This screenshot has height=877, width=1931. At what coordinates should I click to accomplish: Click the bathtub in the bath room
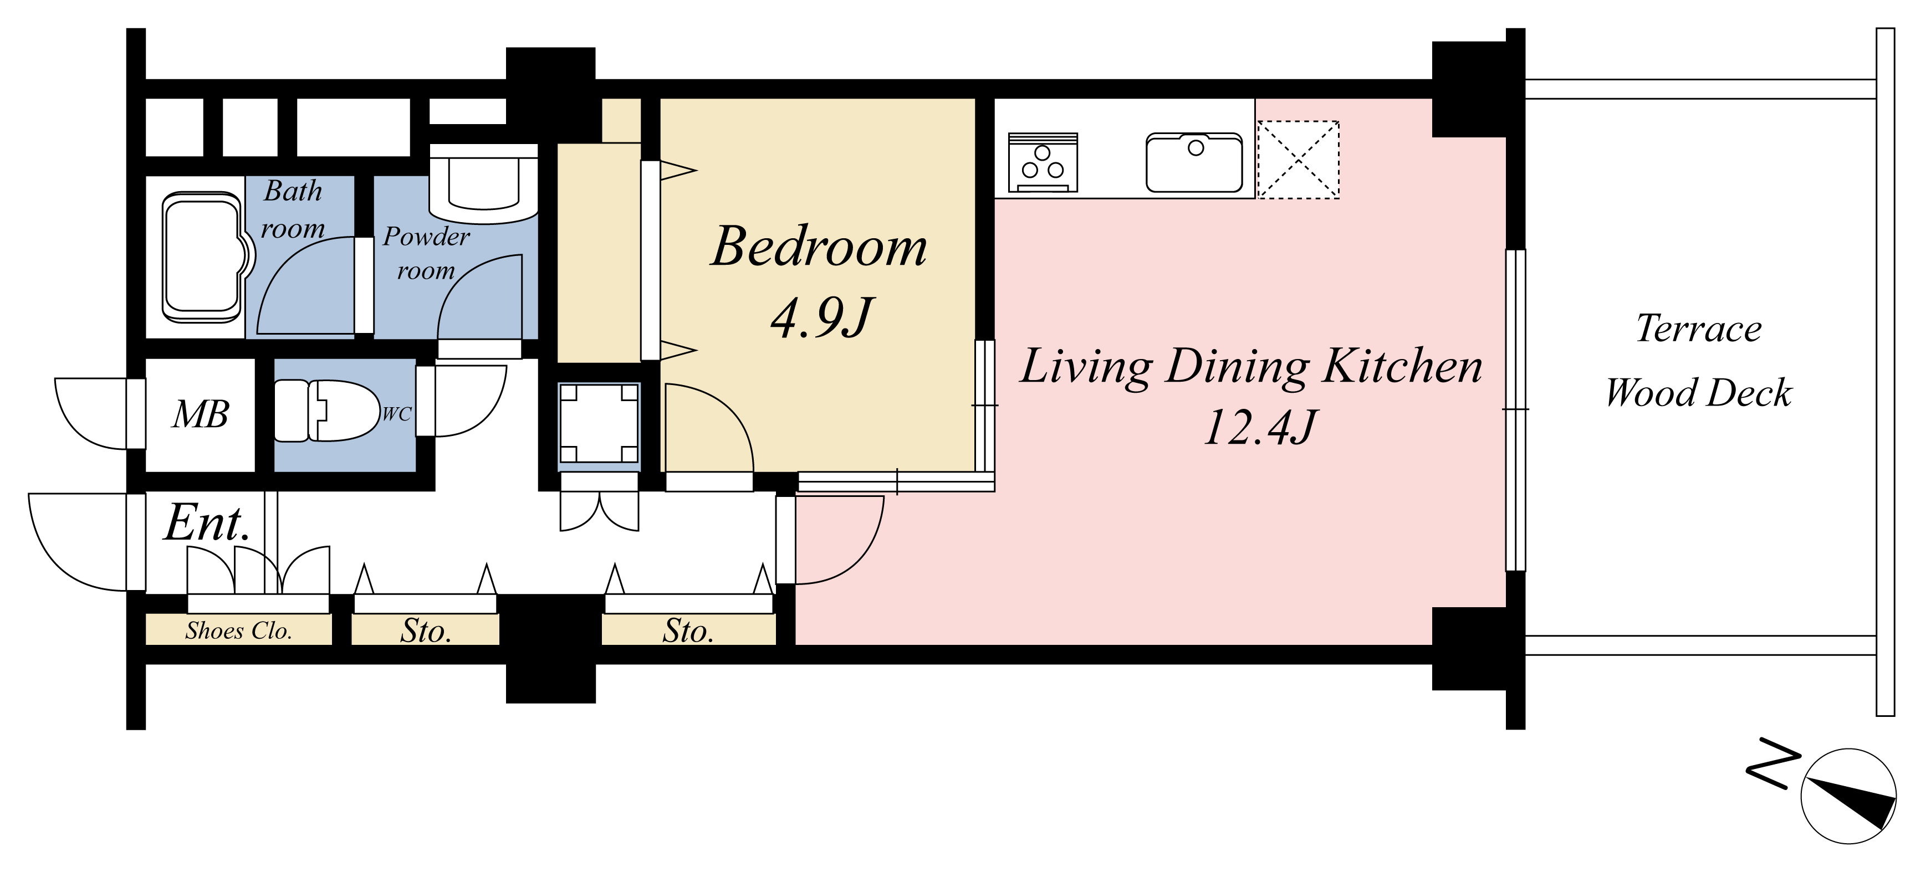click(x=204, y=258)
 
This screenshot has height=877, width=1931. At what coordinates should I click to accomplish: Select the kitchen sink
click(x=1194, y=163)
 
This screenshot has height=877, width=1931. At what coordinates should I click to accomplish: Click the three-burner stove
click(x=1043, y=163)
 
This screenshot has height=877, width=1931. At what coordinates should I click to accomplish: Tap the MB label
click(x=200, y=414)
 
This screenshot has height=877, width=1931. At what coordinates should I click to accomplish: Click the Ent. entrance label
click(x=207, y=522)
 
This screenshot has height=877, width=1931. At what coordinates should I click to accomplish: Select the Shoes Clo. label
click(x=238, y=630)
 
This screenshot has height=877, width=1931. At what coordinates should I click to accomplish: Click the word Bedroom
click(x=819, y=247)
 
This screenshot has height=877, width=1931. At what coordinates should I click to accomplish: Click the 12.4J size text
click(x=1260, y=428)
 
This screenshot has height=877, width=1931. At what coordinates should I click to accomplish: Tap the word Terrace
click(x=1699, y=329)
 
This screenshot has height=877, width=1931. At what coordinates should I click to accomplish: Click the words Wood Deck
click(x=1699, y=393)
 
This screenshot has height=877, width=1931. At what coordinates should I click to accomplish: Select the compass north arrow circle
click(x=1848, y=796)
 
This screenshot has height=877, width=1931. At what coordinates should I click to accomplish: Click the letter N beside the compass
click(x=1774, y=763)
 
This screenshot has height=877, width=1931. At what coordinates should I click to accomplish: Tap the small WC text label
click(x=396, y=414)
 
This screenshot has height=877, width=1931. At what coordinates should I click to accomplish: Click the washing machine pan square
click(x=599, y=423)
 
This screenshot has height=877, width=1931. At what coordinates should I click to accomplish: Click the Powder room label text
click(x=426, y=253)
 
